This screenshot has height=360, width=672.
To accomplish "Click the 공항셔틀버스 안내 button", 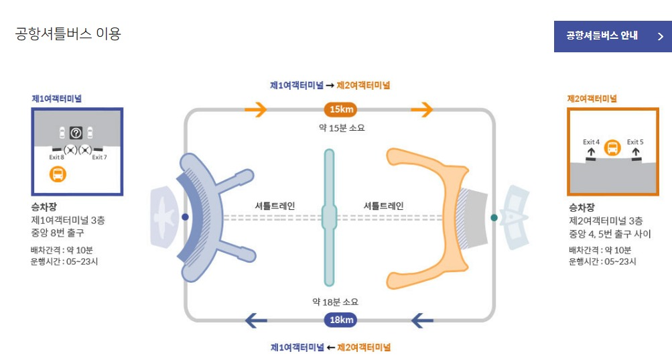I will pyautogui.click(x=612, y=36).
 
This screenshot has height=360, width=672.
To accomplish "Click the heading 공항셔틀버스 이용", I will pyautogui.click(x=68, y=34).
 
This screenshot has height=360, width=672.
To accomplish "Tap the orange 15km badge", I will pyautogui.click(x=342, y=109).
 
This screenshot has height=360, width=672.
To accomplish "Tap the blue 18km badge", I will pyautogui.click(x=342, y=320).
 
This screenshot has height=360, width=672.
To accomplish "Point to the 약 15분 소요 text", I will pyautogui.click(x=342, y=127).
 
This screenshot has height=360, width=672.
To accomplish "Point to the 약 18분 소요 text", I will pyautogui.click(x=340, y=302).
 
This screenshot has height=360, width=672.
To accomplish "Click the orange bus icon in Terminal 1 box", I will pyautogui.click(x=58, y=175).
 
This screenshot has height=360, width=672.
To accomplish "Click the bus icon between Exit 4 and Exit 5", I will pyautogui.click(x=612, y=147).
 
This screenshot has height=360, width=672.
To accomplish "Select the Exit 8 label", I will pyautogui.click(x=57, y=157).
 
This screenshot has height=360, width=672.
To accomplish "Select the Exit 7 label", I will pyautogui.click(x=99, y=157).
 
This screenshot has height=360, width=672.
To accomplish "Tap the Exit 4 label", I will pyautogui.click(x=591, y=141).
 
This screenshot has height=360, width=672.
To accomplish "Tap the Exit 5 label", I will pyautogui.click(x=635, y=141).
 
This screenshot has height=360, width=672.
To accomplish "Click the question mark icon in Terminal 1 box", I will pyautogui.click(x=76, y=133).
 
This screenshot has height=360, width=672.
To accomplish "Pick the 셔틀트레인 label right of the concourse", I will pyautogui.click(x=383, y=206).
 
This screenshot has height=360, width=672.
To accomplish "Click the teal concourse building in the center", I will pyautogui.click(x=329, y=216).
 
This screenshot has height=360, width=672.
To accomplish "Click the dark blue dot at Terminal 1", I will pyautogui.click(x=186, y=217).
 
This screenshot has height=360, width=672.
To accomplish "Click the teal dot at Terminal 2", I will pyautogui.click(x=494, y=217).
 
